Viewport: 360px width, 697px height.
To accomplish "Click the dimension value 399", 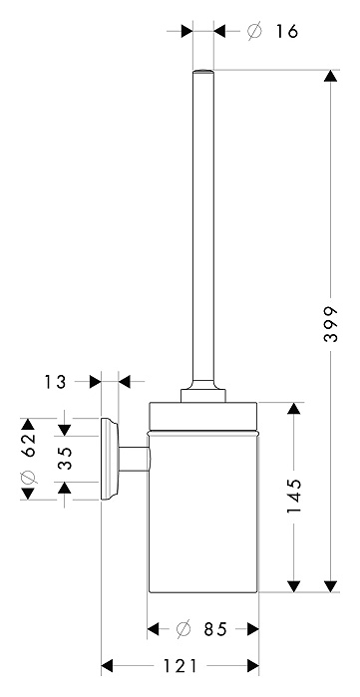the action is click(x=330, y=324).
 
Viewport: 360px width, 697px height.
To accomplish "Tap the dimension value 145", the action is click(x=294, y=496).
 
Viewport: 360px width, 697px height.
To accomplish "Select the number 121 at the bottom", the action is click(x=180, y=666).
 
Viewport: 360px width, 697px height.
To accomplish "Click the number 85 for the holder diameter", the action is click(x=215, y=629).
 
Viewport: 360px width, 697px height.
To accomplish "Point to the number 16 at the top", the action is click(x=286, y=31).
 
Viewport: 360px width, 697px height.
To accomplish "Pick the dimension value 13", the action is click(x=55, y=382).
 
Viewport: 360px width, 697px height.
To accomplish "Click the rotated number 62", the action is click(x=28, y=445).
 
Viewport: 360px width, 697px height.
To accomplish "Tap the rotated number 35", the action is click(x=65, y=459).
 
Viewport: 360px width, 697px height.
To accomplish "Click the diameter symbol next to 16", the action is click(x=254, y=32).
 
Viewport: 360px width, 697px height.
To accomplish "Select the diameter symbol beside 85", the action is click(x=183, y=629).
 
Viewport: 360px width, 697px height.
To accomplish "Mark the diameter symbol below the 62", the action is click(x=28, y=478).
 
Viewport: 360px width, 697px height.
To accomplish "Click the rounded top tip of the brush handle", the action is click(x=203, y=70).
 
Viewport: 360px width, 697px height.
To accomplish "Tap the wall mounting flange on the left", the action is click(x=110, y=459).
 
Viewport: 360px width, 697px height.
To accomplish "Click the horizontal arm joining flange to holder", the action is click(x=134, y=459).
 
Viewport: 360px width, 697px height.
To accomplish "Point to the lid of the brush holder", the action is click(x=203, y=417).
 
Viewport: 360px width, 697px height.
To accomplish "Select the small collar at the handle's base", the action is click(x=203, y=396).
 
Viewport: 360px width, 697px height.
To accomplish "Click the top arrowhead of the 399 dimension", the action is click(x=330, y=76).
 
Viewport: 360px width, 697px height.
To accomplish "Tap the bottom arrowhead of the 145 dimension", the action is click(x=294, y=586).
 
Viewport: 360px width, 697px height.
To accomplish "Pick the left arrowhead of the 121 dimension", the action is click(x=107, y=666).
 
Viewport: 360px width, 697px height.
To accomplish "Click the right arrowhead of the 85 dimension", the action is click(x=253, y=629).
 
